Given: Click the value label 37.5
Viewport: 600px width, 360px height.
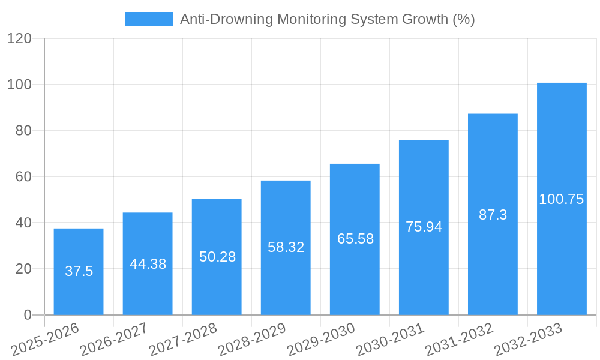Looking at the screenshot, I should [x=79, y=271].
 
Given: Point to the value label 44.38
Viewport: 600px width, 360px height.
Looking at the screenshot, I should [x=148, y=264].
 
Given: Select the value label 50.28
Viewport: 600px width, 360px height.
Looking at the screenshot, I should [x=217, y=257].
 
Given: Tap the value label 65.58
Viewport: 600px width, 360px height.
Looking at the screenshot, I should [x=355, y=239].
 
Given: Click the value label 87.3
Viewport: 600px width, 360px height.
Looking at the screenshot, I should [x=493, y=215].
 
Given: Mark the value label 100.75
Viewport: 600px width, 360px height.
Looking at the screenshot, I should [x=562, y=199].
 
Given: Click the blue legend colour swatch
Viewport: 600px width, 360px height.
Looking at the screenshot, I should [x=148, y=19].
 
